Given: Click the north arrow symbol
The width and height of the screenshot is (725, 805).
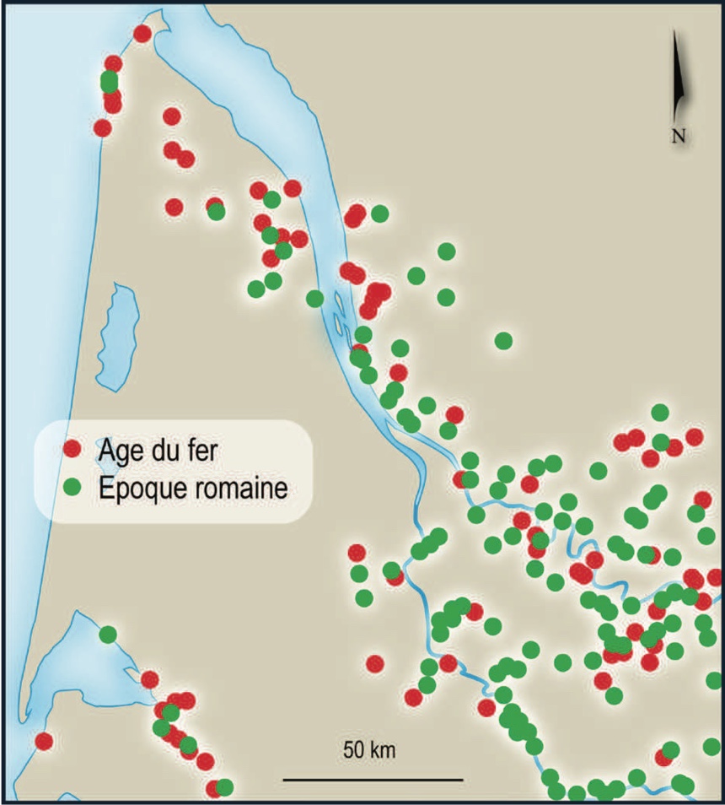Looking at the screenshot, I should click(678, 80).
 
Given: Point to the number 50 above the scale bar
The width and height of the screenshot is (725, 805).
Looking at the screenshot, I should click(354, 749).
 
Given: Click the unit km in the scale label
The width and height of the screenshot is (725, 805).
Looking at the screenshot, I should click(382, 749).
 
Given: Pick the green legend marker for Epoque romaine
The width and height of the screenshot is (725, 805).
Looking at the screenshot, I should click(72, 487).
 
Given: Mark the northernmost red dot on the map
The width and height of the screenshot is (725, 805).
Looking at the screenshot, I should click(142, 34).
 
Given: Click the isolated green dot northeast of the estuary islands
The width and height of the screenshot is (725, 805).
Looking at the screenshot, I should click(503, 340).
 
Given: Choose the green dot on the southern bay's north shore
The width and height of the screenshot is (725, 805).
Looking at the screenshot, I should click(107, 634).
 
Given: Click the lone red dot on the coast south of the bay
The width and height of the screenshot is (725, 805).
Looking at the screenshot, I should click(44, 741).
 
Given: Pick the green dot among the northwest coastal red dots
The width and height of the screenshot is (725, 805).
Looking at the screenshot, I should click(109, 82).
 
